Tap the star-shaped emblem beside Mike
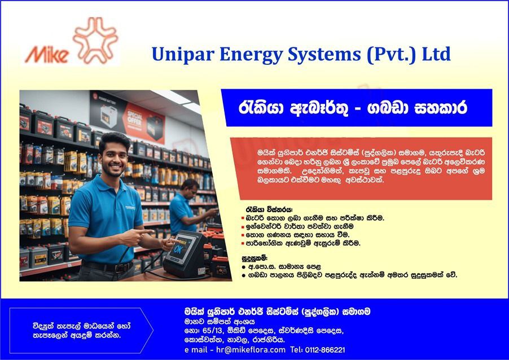point(95,41)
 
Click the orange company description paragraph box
point(361,168)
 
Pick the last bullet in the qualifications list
point(243,275)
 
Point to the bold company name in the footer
point(277,311)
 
